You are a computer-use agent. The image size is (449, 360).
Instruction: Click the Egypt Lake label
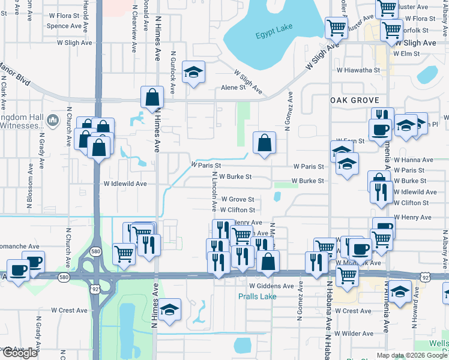[x=272, y=35]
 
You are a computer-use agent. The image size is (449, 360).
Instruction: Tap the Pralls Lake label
[x=257, y=296]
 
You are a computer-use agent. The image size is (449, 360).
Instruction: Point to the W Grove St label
[x=238, y=199]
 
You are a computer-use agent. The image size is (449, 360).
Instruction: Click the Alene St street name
[x=234, y=87]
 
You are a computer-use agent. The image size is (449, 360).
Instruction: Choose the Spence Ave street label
[x=64, y=26]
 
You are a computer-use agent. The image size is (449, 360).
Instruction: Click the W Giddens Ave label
[x=271, y=286]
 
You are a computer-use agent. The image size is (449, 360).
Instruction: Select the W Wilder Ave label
[x=354, y=333]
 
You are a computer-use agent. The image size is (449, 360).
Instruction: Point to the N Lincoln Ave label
[x=214, y=191]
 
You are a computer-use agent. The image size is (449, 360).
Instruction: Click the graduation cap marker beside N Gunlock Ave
[x=193, y=73]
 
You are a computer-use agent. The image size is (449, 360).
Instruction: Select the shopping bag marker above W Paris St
[x=264, y=143]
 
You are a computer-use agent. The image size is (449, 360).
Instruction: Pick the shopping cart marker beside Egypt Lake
[x=336, y=27]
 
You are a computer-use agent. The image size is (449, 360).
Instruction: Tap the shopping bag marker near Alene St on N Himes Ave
[x=152, y=97]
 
